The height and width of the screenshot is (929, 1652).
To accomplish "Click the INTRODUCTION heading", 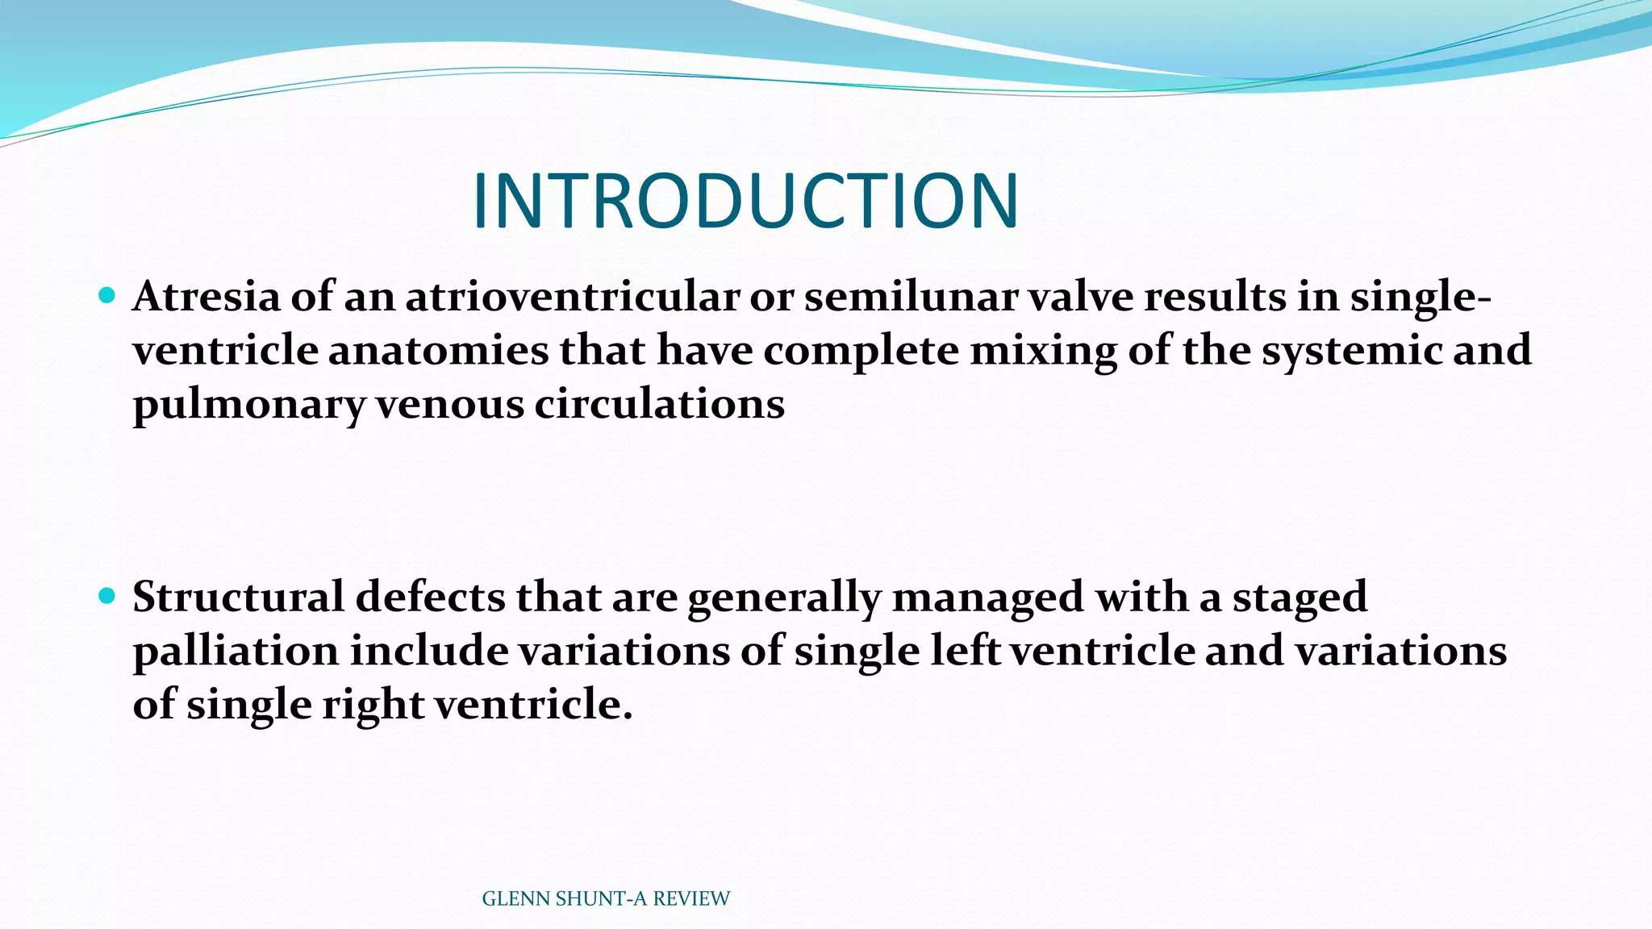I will click(745, 202).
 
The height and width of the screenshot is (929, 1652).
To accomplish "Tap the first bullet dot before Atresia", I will click(106, 295).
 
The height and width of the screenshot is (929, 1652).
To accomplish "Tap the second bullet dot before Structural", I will click(106, 596).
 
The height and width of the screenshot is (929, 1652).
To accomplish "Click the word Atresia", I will click(206, 297).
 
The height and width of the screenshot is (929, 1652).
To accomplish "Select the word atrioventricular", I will click(572, 297).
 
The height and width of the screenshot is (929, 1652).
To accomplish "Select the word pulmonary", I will click(248, 405).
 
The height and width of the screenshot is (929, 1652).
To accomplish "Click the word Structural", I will click(238, 598).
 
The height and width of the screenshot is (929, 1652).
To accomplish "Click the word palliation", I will click(236, 652).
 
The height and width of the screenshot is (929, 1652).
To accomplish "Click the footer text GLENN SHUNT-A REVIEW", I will click(606, 898).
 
